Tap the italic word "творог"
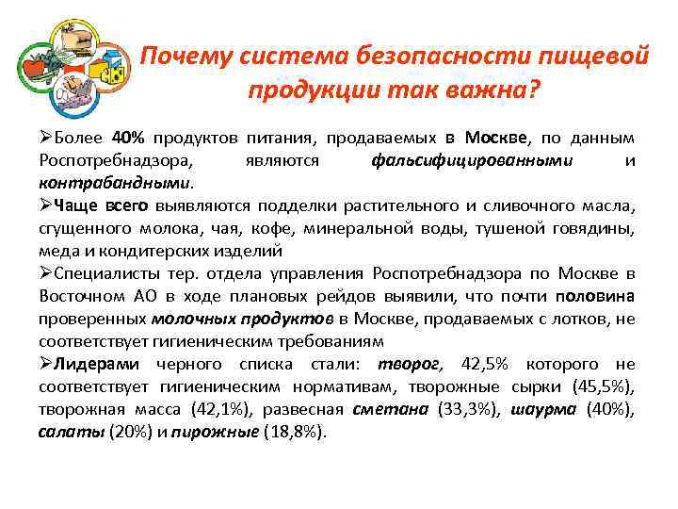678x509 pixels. coord(408,364)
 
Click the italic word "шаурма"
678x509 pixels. coord(545,409)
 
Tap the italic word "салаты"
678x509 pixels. coord(73,432)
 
